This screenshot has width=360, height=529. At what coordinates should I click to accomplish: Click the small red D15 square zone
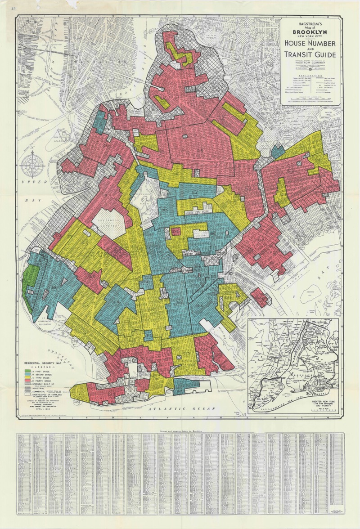(x=176, y=231)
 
